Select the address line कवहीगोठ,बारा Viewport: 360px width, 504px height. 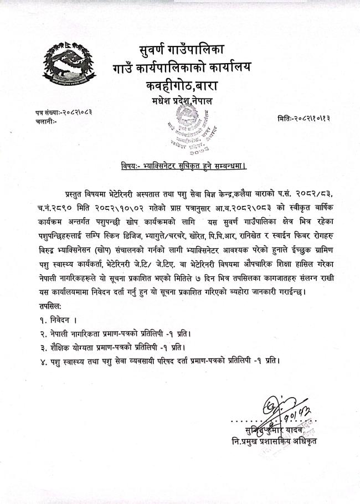click(x=183, y=88)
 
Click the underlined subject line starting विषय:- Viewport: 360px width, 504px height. click(x=184, y=166)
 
